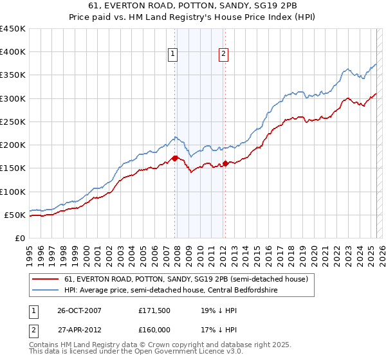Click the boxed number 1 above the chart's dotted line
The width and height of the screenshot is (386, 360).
pos(174,55)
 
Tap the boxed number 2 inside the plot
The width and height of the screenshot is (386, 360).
pos(223,55)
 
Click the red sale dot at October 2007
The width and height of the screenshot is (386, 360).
pos(175,158)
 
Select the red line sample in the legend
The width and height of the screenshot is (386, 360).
pos(46,279)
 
